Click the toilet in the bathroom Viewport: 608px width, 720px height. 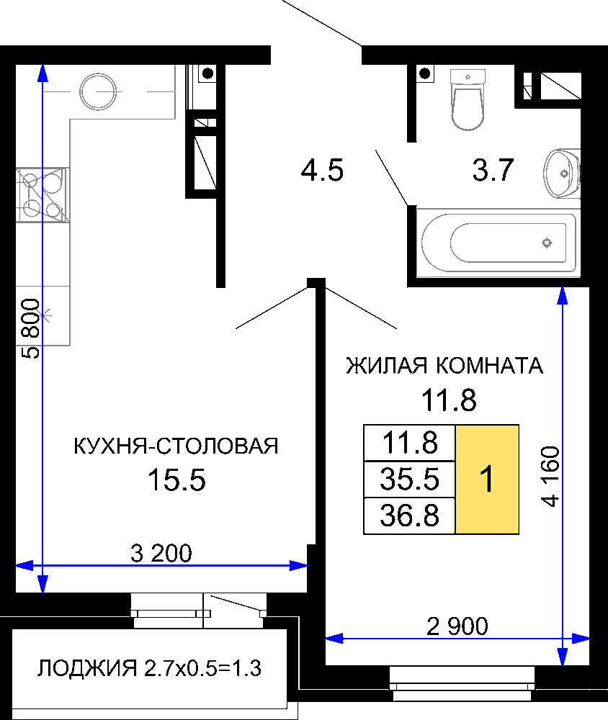pyautogui.click(x=468, y=99)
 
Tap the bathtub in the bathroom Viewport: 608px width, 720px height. pyautogui.click(x=499, y=243)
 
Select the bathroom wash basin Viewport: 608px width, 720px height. pyautogui.click(x=562, y=173)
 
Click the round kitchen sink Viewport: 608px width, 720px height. pyautogui.click(x=98, y=91)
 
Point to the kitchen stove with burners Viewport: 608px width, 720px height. pyautogui.click(x=43, y=194)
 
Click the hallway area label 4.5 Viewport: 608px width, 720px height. pyautogui.click(x=322, y=171)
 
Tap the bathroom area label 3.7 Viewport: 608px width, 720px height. pyautogui.click(x=493, y=170)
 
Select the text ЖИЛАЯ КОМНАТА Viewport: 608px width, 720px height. pyautogui.click(x=444, y=366)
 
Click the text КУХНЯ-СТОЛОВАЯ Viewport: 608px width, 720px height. pyautogui.click(x=176, y=446)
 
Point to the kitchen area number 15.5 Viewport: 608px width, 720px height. pyautogui.click(x=176, y=480)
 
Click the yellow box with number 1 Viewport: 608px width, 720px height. pyautogui.click(x=487, y=480)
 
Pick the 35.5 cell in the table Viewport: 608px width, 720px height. pyautogui.click(x=409, y=480)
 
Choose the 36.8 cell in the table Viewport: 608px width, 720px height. pyautogui.click(x=409, y=516)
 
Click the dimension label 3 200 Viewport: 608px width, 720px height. pyautogui.click(x=161, y=553)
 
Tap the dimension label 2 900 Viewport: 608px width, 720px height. pyautogui.click(x=457, y=626)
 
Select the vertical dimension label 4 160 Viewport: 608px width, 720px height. pyautogui.click(x=550, y=476)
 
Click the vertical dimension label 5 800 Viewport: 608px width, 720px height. pyautogui.click(x=31, y=328)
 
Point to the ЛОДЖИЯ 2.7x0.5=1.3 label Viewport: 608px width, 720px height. pyautogui.click(x=149, y=669)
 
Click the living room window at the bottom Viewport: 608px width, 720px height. pyautogui.click(x=462, y=684)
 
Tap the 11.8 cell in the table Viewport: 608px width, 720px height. pyautogui.click(x=409, y=443)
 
